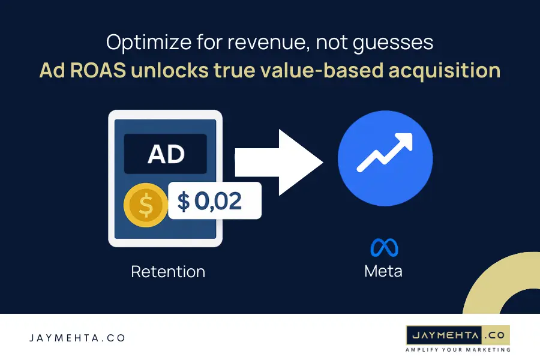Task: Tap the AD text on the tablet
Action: point(166,154)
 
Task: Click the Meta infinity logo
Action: point(384,248)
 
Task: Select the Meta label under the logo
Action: point(383,271)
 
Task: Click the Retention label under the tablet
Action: point(168,272)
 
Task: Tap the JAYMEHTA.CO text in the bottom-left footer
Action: point(77,338)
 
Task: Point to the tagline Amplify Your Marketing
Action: point(458,349)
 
